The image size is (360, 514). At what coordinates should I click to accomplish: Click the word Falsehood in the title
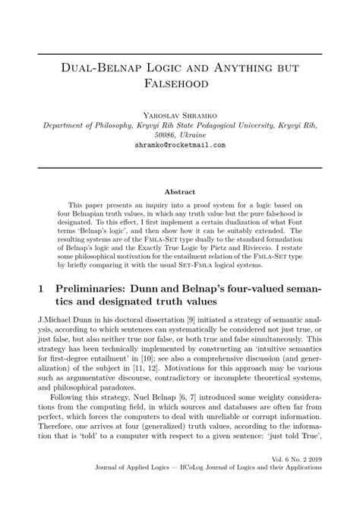pos(179,78)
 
